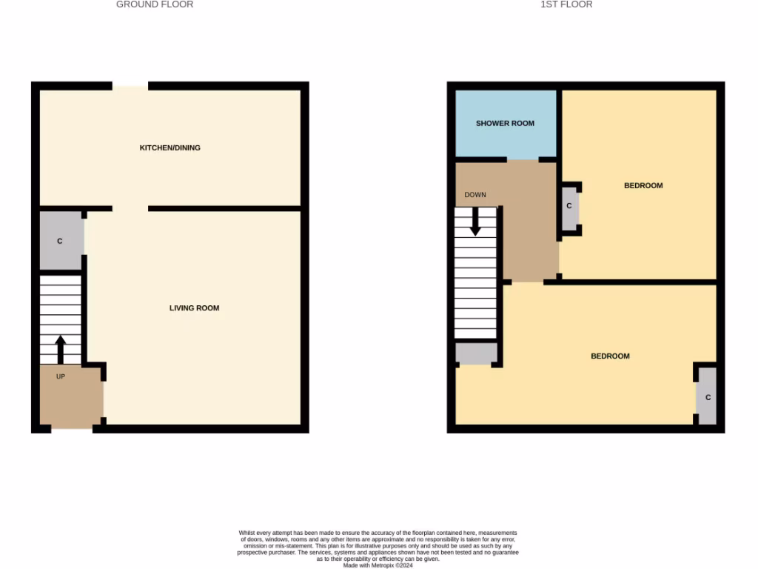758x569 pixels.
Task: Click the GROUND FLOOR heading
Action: tap(155, 4)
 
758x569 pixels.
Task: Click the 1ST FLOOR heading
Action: tap(566, 4)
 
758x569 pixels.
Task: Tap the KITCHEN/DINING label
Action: tap(170, 147)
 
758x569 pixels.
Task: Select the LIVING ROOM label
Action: tap(194, 307)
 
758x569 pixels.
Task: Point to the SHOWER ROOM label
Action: tap(505, 123)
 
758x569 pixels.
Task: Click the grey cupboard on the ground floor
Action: tap(61, 241)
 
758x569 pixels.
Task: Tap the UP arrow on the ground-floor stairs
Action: tap(61, 349)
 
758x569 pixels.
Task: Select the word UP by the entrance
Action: tap(61, 376)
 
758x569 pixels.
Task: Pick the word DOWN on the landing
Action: tap(475, 195)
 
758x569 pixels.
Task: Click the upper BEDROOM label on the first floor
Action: tap(643, 185)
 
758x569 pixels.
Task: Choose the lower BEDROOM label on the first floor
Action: tap(610, 356)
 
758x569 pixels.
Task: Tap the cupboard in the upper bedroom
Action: tap(568, 206)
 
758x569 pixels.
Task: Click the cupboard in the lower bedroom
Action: tap(708, 397)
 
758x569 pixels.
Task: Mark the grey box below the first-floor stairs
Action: tap(475, 353)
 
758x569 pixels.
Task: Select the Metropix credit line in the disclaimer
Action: tap(378, 565)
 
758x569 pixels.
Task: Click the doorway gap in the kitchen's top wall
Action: tap(130, 87)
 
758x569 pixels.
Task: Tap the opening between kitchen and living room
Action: tap(130, 208)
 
